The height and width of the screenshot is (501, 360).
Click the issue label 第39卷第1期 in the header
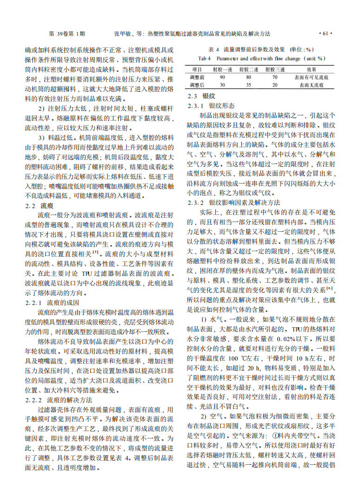pyautogui.click(x=67, y=34)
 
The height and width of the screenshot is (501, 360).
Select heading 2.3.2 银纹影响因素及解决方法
pyautogui.click(x=234, y=203)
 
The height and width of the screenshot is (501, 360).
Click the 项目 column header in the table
pyautogui.click(x=197, y=69)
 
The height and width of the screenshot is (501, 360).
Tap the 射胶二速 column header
pyautogui.click(x=248, y=69)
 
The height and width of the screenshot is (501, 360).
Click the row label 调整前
pyautogui.click(x=197, y=77)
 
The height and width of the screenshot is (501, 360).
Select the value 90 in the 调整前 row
pyautogui.click(x=222, y=77)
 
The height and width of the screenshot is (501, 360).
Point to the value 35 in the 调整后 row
pyautogui.click(x=248, y=85)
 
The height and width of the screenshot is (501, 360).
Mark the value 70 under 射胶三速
pyautogui.click(x=275, y=77)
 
